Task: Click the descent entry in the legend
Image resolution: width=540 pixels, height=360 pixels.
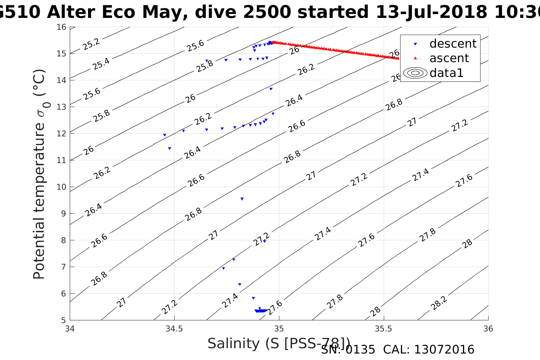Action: click(453, 44)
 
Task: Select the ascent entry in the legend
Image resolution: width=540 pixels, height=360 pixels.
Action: click(449, 58)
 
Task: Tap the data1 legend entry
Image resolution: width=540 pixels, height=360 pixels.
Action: click(446, 73)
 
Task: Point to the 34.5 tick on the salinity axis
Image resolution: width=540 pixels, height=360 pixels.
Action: click(175, 328)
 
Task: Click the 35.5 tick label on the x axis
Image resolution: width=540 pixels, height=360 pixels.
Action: click(383, 328)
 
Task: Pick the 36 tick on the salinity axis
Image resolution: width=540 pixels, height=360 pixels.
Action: click(488, 328)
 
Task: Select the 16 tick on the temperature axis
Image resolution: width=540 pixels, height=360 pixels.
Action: click(61, 27)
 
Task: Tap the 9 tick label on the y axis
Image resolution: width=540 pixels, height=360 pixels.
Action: click(63, 214)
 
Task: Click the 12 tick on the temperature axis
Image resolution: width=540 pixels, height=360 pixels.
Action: click(61, 134)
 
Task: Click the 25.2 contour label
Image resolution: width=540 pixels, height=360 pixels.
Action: click(91, 44)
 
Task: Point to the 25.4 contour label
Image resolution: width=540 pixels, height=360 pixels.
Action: click(101, 64)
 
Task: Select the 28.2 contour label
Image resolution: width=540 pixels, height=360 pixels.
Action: click(439, 303)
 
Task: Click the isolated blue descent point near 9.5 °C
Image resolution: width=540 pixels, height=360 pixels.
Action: click(242, 199)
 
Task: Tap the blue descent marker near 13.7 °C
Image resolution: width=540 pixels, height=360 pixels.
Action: click(271, 89)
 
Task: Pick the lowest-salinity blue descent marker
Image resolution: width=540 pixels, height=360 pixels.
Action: click(165, 135)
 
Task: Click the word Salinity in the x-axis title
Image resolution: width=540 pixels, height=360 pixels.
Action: click(234, 344)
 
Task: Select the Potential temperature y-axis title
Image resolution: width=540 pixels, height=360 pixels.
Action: click(39, 174)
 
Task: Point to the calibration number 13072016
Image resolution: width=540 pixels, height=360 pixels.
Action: click(444, 350)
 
